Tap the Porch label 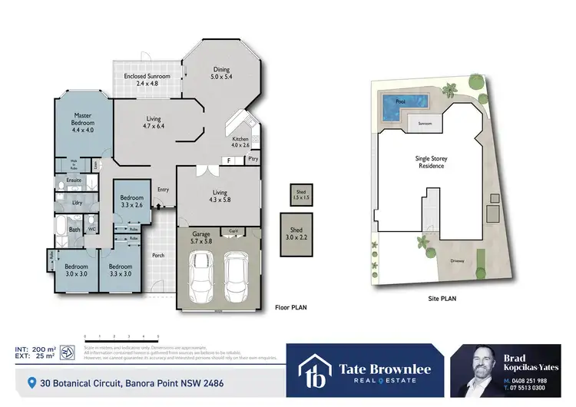click(x=158, y=254)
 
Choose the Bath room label click(x=74, y=229)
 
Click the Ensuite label click(x=74, y=180)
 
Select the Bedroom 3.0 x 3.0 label click(x=76, y=270)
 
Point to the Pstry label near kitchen click(x=253, y=159)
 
